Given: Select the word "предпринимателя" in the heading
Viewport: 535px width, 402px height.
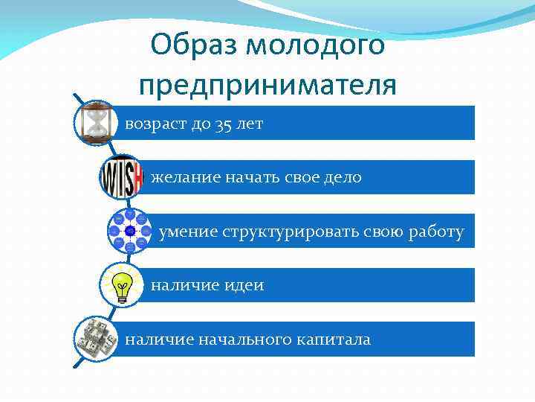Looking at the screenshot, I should tap(267, 85).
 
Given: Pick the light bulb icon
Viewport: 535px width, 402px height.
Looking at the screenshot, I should tap(123, 284).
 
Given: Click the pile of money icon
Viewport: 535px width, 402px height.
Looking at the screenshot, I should tap(97, 339).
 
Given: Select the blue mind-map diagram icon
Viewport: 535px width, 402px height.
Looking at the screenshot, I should tap(130, 231).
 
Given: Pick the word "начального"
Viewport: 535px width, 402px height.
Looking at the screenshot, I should tap(242, 340).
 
